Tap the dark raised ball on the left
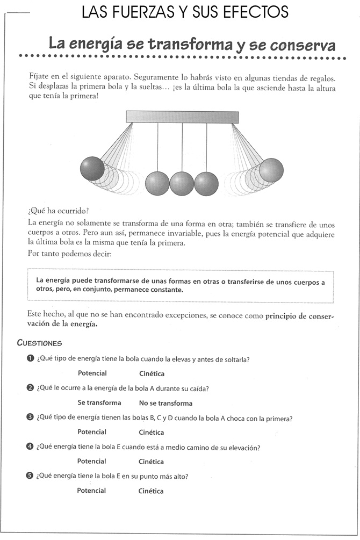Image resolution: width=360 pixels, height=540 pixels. click(x=92, y=169)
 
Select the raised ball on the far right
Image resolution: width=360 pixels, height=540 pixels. click(x=271, y=170)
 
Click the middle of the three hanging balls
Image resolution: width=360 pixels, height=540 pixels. click(x=182, y=183)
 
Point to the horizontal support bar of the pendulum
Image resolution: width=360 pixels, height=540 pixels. click(x=182, y=117)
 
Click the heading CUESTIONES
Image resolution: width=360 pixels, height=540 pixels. click(x=40, y=343)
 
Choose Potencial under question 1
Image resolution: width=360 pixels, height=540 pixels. click(x=92, y=373)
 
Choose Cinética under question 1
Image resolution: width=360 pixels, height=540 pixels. click(x=152, y=374)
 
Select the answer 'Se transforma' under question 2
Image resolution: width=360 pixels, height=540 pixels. click(x=99, y=403)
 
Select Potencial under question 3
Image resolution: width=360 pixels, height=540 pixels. click(x=92, y=432)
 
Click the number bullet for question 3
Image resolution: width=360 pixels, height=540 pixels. click(x=30, y=417)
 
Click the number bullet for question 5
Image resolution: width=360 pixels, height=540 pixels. click(x=30, y=476)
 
